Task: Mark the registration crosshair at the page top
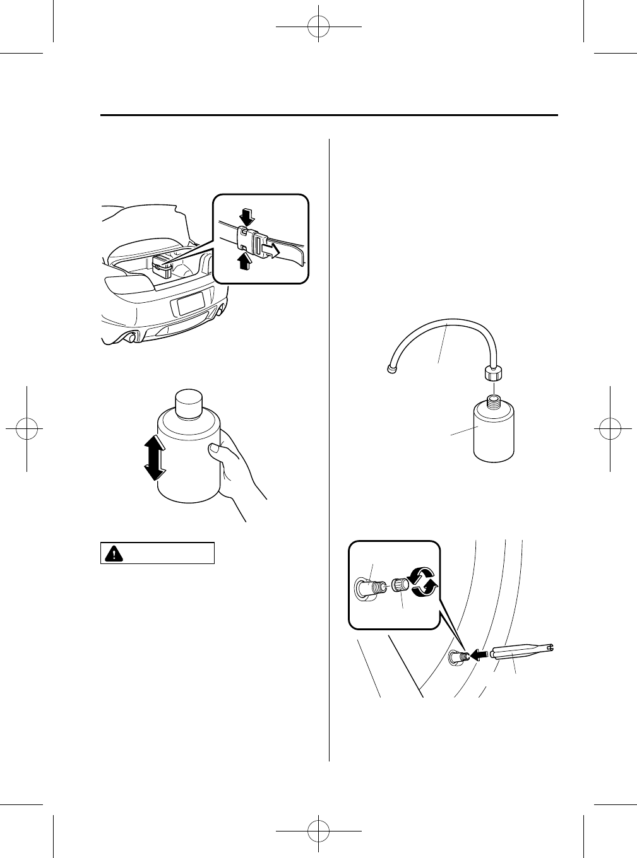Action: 318,27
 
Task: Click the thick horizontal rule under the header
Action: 329,115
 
